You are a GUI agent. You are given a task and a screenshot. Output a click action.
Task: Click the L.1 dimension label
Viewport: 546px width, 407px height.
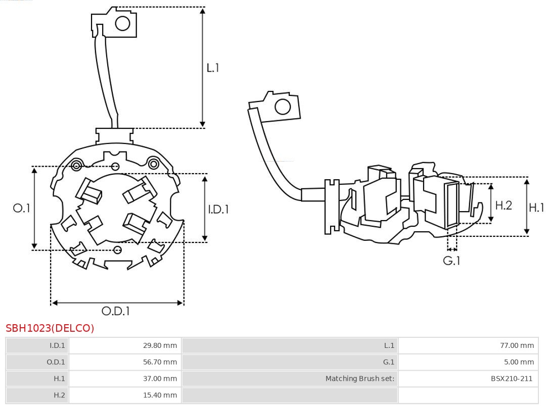click(212, 68)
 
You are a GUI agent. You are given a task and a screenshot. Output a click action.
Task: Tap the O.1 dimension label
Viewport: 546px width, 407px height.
click(22, 208)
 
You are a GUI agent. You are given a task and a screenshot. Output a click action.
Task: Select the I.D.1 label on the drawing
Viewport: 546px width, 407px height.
click(218, 209)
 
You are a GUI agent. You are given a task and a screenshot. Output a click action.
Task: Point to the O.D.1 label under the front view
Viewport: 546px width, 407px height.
click(116, 312)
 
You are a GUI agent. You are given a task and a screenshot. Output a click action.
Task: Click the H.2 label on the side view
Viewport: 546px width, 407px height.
click(503, 205)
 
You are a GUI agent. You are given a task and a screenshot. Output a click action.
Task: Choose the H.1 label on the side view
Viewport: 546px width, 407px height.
click(536, 207)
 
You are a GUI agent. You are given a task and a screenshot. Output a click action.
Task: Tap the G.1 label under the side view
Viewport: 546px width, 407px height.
click(451, 261)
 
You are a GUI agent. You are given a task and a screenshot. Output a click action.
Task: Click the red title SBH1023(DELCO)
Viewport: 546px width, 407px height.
click(50, 328)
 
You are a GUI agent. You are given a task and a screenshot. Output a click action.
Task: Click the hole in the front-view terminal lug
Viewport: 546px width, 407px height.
click(123, 23)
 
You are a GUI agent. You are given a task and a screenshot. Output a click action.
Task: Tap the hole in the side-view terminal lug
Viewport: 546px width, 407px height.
click(282, 107)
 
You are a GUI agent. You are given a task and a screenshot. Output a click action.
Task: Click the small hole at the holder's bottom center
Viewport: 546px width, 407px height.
click(118, 249)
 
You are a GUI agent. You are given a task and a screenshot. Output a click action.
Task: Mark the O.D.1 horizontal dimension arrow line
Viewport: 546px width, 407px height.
click(117, 302)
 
